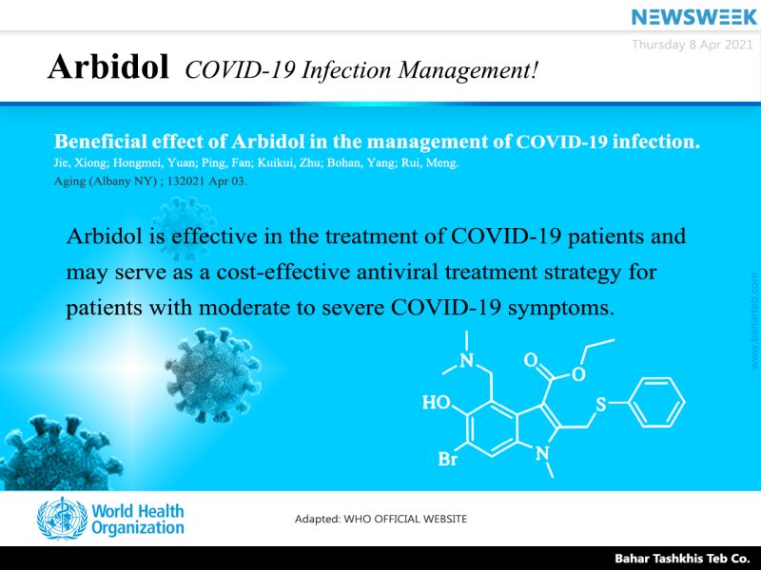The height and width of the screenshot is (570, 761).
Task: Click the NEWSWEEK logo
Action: point(694,17)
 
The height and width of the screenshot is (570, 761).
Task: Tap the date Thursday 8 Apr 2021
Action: point(693,45)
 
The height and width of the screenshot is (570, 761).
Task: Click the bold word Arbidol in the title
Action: point(108,66)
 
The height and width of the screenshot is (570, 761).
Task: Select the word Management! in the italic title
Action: point(468,70)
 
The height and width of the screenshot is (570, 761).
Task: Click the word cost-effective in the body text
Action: point(283,272)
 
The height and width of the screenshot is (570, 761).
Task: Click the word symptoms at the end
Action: point(561,308)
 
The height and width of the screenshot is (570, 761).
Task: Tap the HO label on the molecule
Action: point(437,402)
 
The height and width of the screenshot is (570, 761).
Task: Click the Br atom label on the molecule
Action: point(447,459)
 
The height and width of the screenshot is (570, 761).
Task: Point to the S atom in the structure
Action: point(601,405)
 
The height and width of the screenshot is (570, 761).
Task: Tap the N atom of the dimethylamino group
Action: point(466,361)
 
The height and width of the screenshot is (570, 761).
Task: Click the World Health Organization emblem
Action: point(62,519)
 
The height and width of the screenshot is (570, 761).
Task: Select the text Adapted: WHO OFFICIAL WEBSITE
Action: point(381,519)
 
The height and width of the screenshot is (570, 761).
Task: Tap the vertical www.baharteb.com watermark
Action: point(754,321)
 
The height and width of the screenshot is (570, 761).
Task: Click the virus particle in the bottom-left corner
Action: point(58,453)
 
